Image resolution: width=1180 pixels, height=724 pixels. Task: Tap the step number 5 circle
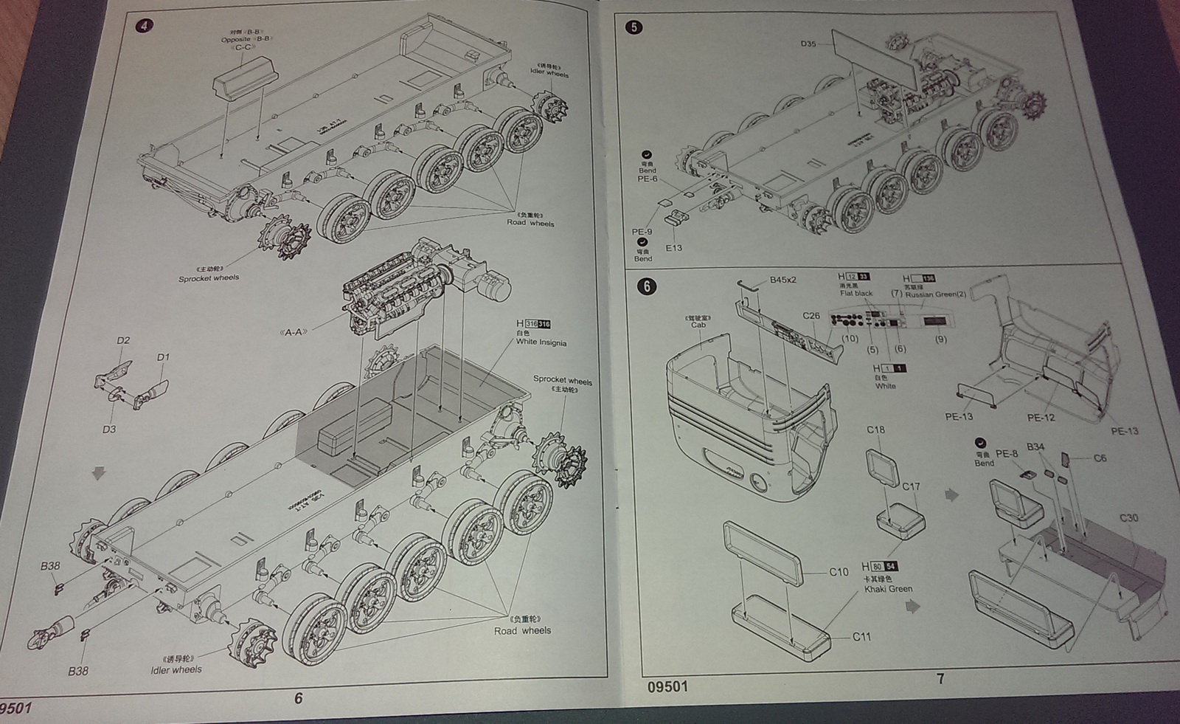(x=634, y=27)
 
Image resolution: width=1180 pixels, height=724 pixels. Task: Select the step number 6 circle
(x=647, y=286)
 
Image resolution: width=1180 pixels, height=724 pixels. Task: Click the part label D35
(x=808, y=44)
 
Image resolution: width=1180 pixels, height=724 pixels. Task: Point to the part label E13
(x=673, y=248)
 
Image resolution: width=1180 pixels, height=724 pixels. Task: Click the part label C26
(x=811, y=316)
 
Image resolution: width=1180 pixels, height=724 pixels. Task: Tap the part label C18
(x=875, y=430)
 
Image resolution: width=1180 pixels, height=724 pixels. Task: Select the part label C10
(x=839, y=572)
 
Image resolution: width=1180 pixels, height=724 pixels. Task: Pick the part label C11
(x=861, y=636)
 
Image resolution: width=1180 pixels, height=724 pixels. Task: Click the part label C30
(x=1128, y=518)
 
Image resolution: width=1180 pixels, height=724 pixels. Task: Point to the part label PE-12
(x=1041, y=418)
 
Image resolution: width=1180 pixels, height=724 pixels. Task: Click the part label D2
(x=123, y=340)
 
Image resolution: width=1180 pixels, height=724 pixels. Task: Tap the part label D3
(x=109, y=429)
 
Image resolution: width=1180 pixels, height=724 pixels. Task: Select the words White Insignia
(x=541, y=342)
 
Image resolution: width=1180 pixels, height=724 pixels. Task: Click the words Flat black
(x=856, y=294)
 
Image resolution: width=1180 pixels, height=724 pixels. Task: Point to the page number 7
(x=940, y=679)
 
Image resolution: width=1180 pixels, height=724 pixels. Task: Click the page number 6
(x=298, y=698)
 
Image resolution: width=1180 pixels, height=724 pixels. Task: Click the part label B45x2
(x=783, y=280)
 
